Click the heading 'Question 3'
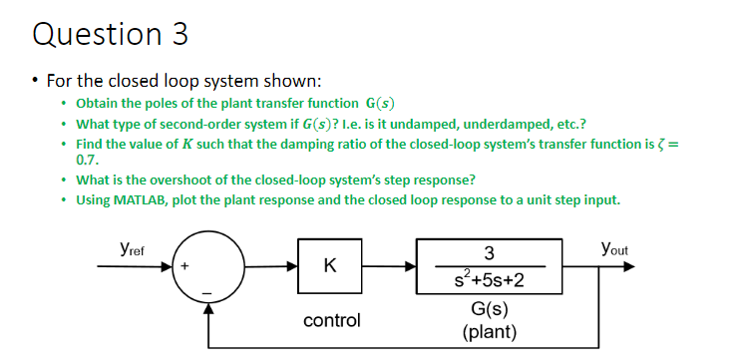[110, 34]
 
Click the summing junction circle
[208, 267]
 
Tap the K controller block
[329, 267]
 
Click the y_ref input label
[129, 250]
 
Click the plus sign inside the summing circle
[185, 267]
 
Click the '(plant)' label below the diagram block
[489, 330]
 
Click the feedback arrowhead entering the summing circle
[208, 307]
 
